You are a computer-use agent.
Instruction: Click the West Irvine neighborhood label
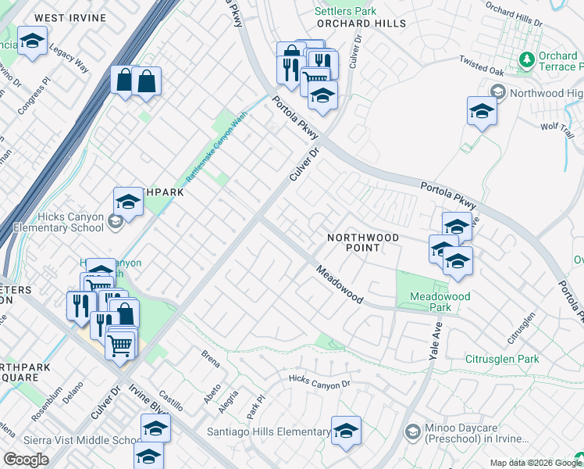pyautogui.click(x=69, y=17)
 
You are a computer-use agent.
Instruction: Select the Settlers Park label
pyautogui.click(x=345, y=11)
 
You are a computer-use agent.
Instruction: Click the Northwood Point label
pyautogui.click(x=363, y=242)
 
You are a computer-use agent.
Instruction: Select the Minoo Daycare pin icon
pyautogui.click(x=412, y=431)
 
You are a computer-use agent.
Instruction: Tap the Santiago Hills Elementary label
pyautogui.click(x=268, y=431)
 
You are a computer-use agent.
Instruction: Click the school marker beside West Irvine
pyautogui.click(x=32, y=42)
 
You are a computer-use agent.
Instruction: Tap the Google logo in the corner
pyautogui.click(x=26, y=459)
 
